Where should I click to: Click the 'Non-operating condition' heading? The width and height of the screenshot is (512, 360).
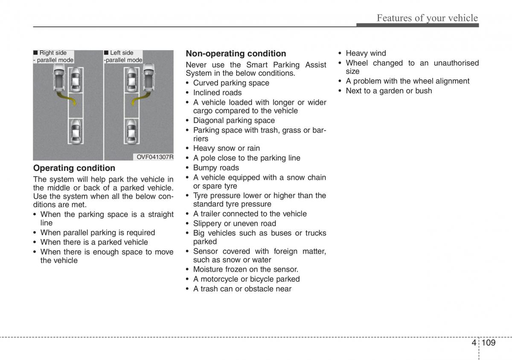point(236,53)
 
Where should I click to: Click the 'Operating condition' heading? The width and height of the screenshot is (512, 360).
point(74,168)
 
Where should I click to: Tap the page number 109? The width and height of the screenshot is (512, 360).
point(488,342)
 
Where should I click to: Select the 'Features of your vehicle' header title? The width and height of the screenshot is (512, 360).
point(427,18)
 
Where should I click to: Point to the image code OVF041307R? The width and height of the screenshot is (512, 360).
point(155,157)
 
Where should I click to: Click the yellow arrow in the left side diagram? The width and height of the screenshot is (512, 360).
point(138,99)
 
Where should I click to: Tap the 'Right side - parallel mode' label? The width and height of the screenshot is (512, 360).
point(53,56)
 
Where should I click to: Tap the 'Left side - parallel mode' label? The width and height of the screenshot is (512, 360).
point(123,56)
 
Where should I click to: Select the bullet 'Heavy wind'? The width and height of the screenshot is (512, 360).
point(366,53)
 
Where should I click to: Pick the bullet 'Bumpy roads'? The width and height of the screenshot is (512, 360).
point(216,168)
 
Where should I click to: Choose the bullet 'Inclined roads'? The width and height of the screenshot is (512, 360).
point(217,93)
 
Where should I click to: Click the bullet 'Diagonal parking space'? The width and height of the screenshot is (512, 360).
point(234,120)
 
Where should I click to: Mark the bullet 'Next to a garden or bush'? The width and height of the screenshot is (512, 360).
point(389,91)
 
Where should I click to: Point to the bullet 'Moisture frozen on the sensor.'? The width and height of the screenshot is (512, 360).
point(245,269)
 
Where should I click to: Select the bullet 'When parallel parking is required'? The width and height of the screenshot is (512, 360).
point(97,233)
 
